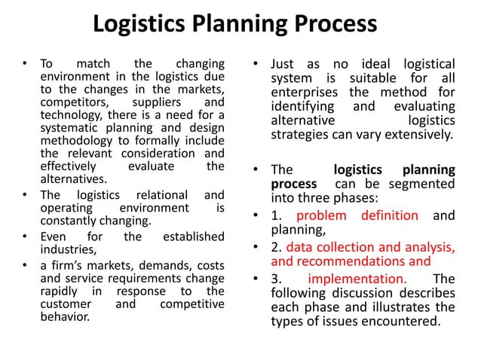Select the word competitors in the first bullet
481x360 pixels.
(69, 102)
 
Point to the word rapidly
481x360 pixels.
(59, 291)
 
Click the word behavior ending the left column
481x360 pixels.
(65, 315)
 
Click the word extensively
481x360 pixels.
(417, 136)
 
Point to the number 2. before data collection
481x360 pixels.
(276, 248)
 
